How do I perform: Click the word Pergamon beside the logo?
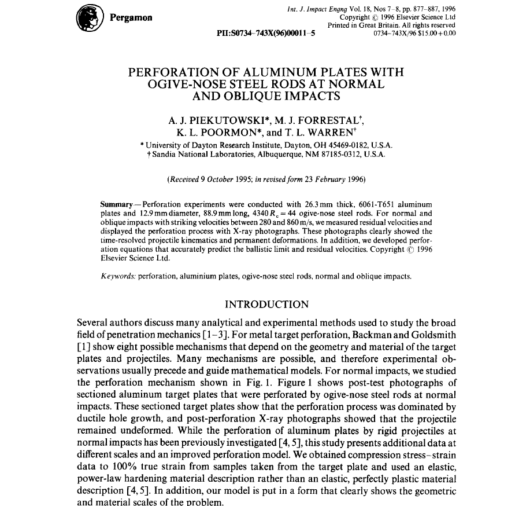click(x=131, y=17)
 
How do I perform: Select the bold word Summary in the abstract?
click(x=117, y=204)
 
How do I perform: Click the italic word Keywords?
click(x=118, y=276)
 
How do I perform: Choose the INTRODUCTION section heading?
click(x=266, y=305)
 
